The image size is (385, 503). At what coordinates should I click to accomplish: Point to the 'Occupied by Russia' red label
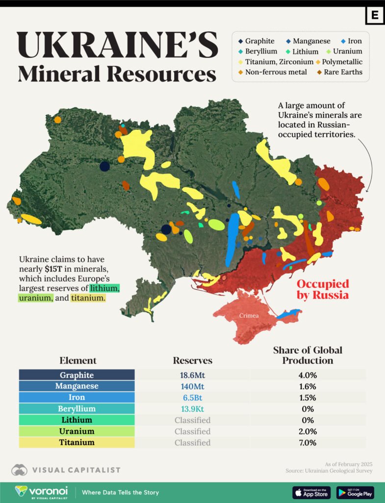[323, 289]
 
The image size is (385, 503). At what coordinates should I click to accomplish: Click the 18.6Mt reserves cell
[192, 375]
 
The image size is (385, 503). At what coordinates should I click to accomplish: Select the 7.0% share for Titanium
[308, 443]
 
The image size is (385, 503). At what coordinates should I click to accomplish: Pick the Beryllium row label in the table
[77, 409]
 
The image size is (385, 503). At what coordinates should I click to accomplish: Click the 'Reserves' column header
[192, 361]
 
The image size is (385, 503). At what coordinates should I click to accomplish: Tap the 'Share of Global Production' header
[308, 355]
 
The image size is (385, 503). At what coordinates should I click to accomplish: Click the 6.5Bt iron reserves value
[192, 397]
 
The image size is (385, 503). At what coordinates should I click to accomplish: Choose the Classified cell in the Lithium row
[192, 420]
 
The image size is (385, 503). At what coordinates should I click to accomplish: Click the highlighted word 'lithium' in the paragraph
[103, 288]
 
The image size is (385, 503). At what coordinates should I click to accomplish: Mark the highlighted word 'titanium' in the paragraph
[88, 298]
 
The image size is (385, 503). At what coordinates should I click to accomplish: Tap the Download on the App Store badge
[311, 492]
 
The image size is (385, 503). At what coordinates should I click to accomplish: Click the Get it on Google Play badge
[355, 492]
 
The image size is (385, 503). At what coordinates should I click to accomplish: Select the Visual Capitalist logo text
[76, 470]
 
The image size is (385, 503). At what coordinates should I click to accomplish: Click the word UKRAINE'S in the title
[118, 45]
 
